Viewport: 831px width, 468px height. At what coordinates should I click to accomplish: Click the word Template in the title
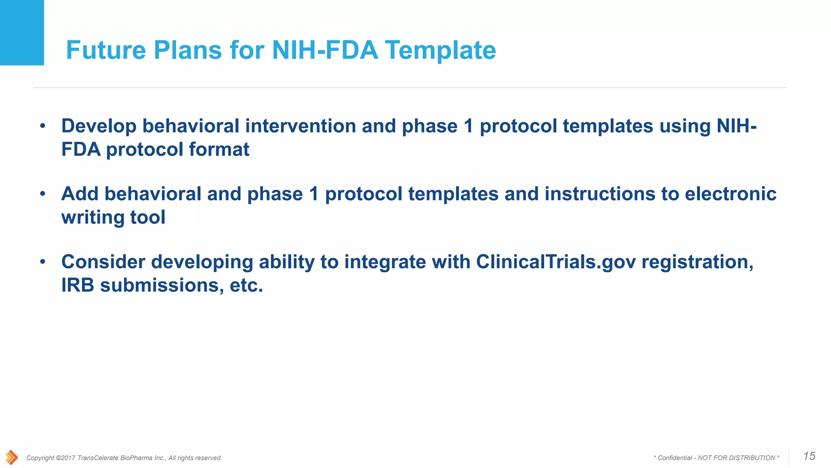440,50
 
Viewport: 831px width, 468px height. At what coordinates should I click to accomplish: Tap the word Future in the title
105,50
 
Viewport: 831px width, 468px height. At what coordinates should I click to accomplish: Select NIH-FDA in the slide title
325,50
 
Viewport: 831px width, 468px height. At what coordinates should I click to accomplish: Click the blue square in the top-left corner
22,32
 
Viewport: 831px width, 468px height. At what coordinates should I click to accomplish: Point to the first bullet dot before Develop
43,126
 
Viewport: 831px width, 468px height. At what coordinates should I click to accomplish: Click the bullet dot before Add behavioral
43,194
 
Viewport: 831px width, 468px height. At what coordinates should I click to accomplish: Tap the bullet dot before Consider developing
43,262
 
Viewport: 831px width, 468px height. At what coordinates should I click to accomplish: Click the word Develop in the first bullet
99,126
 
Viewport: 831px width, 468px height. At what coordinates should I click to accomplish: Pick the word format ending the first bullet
219,149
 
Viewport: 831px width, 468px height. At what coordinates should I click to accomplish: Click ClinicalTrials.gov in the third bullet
555,262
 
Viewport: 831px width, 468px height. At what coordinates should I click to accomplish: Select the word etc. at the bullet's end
246,285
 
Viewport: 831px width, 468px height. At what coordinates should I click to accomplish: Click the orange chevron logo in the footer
12,457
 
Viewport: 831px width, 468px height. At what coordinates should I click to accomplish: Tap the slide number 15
809,456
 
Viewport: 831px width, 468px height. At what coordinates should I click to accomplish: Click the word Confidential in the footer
675,458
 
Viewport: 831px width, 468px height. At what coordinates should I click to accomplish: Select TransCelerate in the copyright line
98,458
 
